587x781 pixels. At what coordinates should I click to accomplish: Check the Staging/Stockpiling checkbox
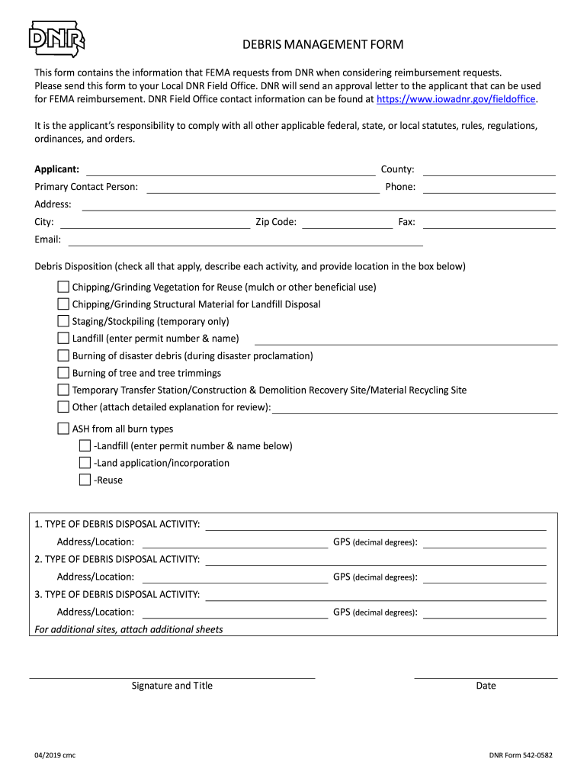63,321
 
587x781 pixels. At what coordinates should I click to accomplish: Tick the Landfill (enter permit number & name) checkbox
63,338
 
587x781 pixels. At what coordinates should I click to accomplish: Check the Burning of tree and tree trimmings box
63,373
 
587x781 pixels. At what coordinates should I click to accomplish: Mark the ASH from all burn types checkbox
63,429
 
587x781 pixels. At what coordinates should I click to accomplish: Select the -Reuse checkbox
85,480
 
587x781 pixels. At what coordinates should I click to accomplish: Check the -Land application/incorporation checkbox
85,463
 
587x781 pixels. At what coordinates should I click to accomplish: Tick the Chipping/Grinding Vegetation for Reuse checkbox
63,287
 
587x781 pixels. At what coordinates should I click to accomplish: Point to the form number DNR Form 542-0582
521,756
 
